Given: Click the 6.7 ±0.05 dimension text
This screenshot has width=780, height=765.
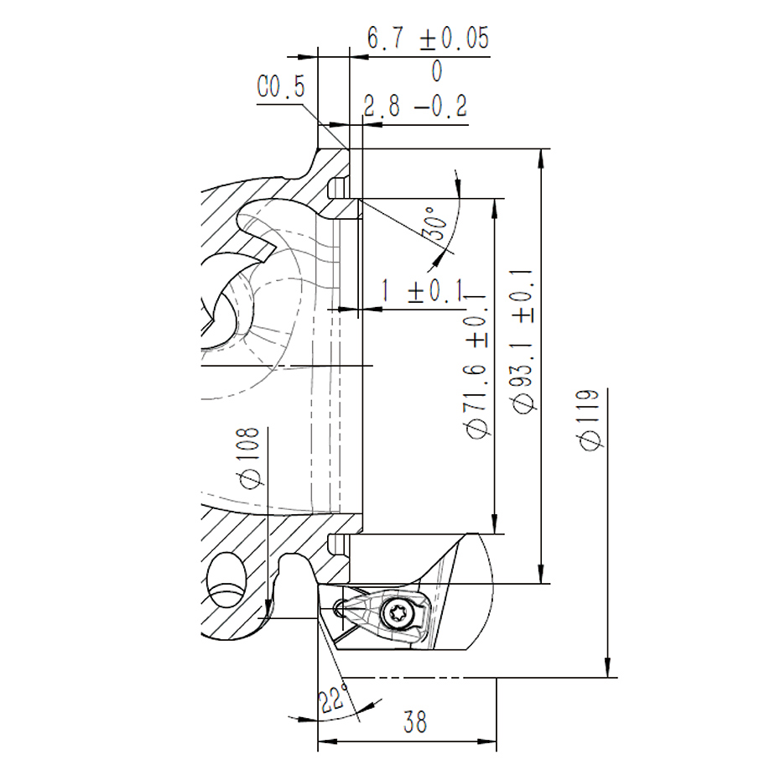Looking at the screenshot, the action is [x=428, y=39].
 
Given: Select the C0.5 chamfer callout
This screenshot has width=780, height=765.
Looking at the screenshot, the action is [x=281, y=86].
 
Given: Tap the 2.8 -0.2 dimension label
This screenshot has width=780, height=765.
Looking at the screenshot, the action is [x=415, y=106].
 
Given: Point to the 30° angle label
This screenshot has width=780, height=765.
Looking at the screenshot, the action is [x=435, y=223].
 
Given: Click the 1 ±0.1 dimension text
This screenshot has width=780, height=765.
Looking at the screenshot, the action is [x=422, y=290].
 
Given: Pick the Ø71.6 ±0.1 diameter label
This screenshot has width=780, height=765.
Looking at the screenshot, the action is [x=476, y=366].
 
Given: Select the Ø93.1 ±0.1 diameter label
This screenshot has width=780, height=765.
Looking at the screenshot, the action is [x=523, y=341].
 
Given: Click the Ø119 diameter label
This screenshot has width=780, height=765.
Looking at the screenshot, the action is [x=590, y=419].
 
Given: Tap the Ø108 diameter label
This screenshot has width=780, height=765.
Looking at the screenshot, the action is [x=250, y=457].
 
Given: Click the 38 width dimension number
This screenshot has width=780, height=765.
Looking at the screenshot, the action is [x=415, y=721].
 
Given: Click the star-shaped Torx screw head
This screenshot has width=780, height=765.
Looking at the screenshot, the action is [x=398, y=613].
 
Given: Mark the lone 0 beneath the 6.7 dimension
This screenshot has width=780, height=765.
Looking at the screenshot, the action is [x=437, y=71].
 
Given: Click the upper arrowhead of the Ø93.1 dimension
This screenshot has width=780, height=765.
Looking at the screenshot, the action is [x=542, y=157].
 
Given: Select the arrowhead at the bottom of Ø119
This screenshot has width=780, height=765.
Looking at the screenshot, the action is [x=607, y=669].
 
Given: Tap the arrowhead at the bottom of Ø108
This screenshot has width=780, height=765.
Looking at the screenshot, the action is [x=268, y=610].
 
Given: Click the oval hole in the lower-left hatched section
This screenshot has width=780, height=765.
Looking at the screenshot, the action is [x=226, y=580].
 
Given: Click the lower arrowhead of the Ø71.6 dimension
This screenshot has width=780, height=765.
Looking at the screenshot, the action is [x=494, y=525].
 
